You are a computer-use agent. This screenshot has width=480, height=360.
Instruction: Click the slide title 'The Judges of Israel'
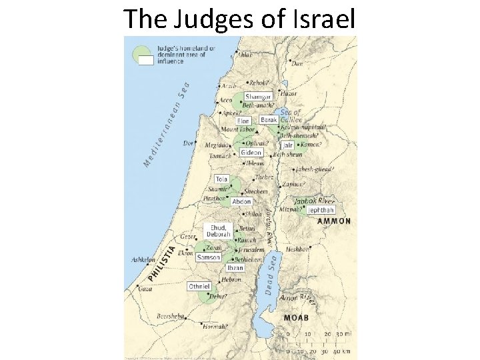pos(239,19)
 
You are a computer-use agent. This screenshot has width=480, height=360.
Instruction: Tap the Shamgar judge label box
pos(258,96)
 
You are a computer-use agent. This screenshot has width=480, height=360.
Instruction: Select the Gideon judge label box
pos(251,152)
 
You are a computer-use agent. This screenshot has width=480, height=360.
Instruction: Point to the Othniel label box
pos(199,286)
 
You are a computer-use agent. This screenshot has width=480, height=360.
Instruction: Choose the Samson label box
pos(208,257)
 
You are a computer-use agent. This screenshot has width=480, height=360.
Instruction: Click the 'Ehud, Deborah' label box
pos(217,230)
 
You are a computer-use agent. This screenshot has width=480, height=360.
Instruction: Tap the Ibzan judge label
pos(235,267)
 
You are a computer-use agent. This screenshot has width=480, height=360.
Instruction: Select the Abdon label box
pos(241,201)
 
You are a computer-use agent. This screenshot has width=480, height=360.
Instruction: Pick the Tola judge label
pos(221,179)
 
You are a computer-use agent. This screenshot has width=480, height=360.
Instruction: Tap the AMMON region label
pos(333,221)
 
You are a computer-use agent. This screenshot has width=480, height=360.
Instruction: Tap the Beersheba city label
pos(168,315)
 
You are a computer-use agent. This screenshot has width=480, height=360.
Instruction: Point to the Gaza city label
pos(145,289)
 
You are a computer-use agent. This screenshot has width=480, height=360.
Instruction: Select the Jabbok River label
pos(314,200)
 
